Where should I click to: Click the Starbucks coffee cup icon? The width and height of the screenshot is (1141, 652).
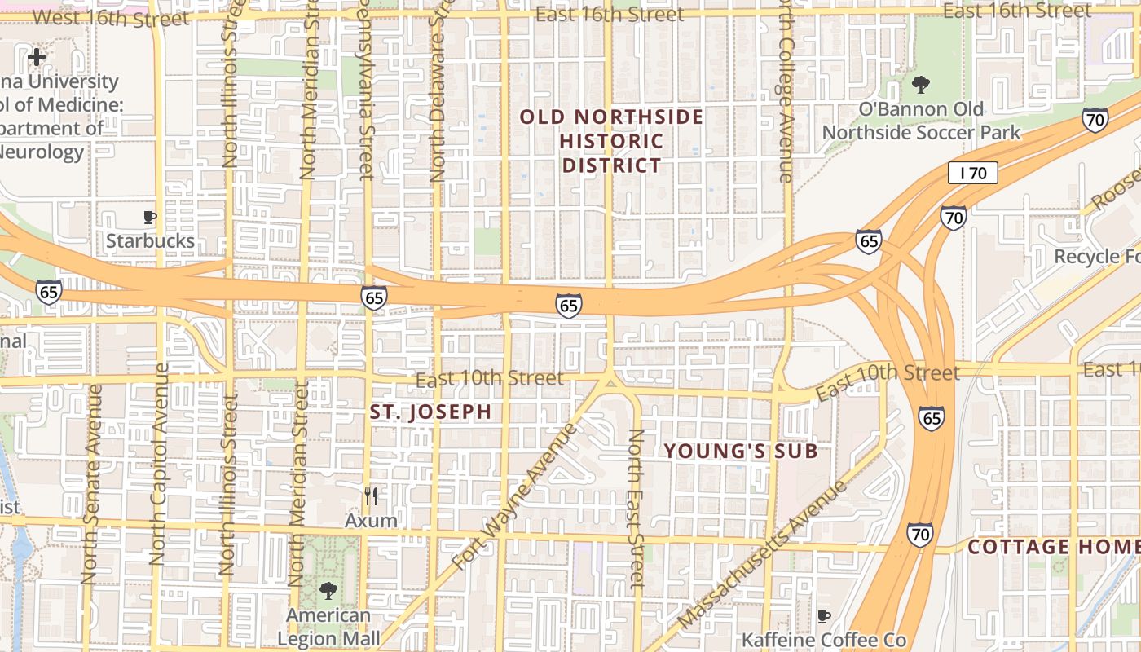click(x=149, y=217)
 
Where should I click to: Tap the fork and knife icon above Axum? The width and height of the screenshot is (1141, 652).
click(x=371, y=496)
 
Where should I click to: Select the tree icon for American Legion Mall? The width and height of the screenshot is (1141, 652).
click(x=328, y=590)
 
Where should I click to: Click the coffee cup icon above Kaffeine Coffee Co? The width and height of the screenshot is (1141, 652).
click(x=824, y=616)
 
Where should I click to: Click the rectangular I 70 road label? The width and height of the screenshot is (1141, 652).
click(x=972, y=173)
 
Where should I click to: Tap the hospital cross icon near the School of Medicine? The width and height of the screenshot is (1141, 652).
click(x=37, y=57)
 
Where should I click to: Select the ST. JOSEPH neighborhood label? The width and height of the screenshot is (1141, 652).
click(x=430, y=412)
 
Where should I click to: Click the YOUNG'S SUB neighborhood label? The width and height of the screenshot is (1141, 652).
click(x=740, y=451)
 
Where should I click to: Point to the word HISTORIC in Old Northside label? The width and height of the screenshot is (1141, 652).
click(x=611, y=141)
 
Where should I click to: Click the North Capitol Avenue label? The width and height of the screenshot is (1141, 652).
click(x=159, y=465)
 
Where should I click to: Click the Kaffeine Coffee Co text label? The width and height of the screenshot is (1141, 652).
click(x=823, y=640)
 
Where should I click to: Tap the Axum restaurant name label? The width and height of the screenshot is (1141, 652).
click(x=371, y=520)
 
